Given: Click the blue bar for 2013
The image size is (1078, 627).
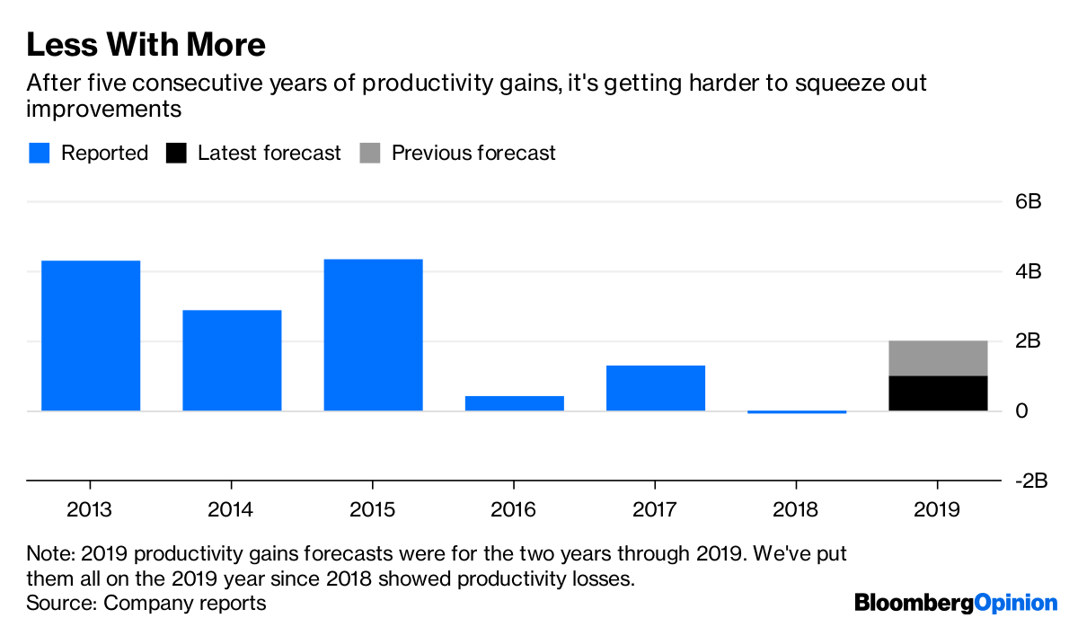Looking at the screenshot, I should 91,335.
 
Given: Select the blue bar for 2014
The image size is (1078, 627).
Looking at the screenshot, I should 232,360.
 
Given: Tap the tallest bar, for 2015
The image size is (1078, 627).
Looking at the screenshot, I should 373,334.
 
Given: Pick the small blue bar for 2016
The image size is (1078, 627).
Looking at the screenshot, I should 514,403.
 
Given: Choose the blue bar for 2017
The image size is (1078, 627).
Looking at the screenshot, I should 655,388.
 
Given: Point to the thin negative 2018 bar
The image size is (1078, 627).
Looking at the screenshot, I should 796,411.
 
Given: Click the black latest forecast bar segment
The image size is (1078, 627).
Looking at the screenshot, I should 938,393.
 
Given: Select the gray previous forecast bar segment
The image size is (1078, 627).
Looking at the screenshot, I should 938,358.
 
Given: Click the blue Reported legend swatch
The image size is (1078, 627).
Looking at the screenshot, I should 39,154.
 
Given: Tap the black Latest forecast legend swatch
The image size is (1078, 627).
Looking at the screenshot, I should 176,154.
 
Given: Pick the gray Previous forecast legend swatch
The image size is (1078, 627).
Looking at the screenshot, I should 369,154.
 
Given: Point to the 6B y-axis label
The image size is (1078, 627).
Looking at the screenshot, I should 1028,202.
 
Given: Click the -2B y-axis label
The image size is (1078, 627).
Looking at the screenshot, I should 1030,481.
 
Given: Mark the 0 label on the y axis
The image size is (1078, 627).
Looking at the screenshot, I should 1021,411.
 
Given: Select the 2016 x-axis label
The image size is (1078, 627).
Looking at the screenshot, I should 514,510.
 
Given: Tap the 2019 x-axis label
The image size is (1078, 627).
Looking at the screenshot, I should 938,510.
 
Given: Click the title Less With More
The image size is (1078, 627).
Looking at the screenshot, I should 146,44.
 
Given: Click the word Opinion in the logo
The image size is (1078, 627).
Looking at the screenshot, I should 1016,603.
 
